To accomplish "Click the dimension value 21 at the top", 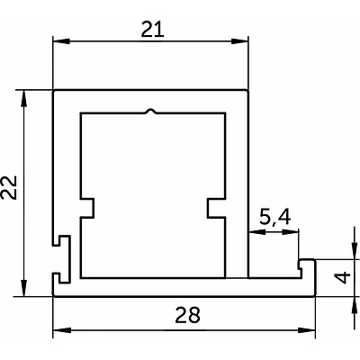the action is click(x=153, y=30).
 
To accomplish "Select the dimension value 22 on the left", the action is click(x=8, y=187).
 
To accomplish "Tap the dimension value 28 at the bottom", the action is click(x=187, y=315).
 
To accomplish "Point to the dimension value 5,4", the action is click(x=274, y=218).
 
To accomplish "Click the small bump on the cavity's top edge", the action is click(x=152, y=111).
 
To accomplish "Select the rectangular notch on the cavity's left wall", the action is click(x=87, y=207).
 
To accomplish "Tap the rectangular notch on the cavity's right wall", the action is click(x=216, y=207).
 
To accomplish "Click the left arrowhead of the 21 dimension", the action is click(x=61, y=41).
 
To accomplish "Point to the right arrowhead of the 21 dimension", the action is click(x=240, y=41).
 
